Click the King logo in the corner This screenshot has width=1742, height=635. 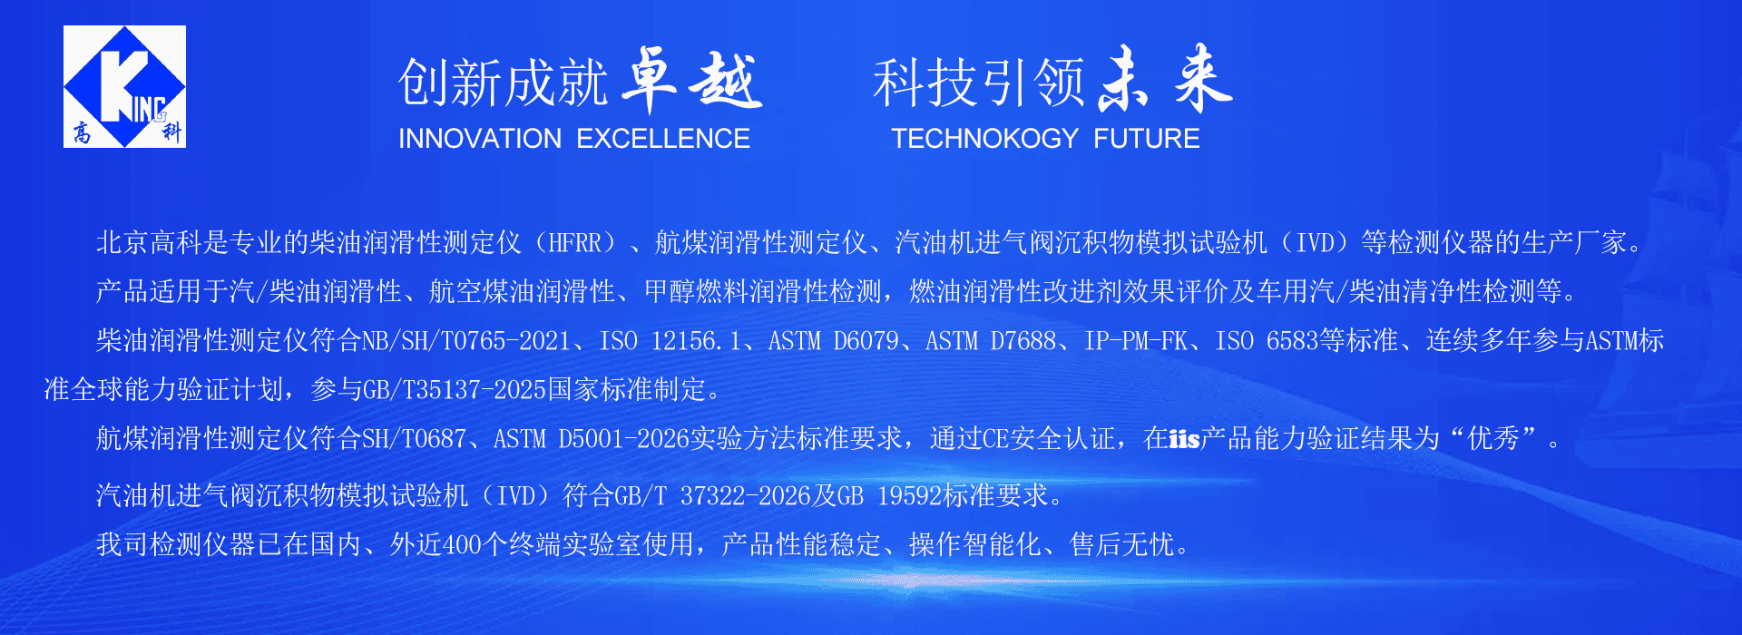click(124, 86)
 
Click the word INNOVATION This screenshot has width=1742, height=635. click(480, 139)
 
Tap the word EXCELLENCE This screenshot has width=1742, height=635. click(663, 139)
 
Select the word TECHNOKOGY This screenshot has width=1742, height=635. click(984, 139)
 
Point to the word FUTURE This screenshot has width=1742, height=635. click(1147, 139)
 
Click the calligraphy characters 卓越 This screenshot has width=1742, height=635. click(692, 80)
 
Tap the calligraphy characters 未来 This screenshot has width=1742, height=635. click(1166, 79)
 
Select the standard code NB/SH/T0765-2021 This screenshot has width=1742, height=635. click(466, 341)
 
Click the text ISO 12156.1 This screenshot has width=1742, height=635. click(670, 341)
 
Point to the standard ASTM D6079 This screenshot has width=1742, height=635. click(833, 341)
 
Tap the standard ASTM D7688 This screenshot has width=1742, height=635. click(991, 341)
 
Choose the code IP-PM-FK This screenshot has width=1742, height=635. click(1136, 341)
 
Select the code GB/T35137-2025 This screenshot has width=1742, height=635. click(455, 390)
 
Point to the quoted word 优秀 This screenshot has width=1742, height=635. click(1493, 439)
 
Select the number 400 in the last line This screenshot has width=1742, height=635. click(462, 545)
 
